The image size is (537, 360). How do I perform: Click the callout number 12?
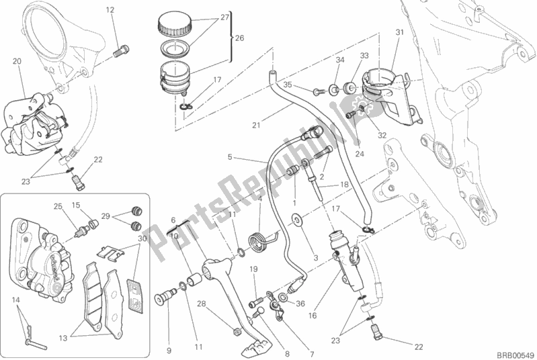coord(110,10)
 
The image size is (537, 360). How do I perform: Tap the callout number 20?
coord(17,61)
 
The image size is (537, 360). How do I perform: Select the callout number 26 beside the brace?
coord(239,38)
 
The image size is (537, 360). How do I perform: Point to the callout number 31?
coord(400,32)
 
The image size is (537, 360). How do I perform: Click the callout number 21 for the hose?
coord(256,126)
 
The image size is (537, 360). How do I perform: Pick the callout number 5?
coord(230,157)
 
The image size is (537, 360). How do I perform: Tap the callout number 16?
coord(313,316)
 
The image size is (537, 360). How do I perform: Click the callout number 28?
coord(201,304)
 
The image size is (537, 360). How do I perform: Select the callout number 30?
coord(142,238)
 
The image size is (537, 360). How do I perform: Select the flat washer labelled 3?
coord(296,220)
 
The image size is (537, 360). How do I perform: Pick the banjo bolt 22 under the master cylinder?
coord(376,331)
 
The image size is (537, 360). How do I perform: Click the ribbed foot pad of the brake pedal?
coord(253,347)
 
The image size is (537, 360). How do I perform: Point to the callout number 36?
coord(300,304)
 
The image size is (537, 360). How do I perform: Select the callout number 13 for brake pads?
coord(63,339)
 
